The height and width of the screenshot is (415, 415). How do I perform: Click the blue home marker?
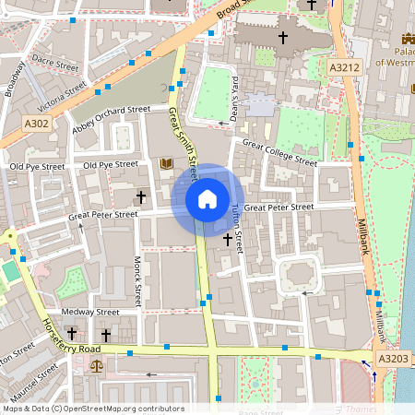click(x=207, y=198)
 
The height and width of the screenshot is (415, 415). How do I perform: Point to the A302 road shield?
click(x=36, y=124)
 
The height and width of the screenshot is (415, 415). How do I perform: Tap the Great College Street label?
click(x=279, y=153)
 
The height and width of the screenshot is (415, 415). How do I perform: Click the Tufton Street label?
click(x=238, y=229)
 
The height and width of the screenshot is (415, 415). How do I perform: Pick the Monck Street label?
click(x=137, y=281)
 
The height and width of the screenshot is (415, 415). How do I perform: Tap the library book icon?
click(x=167, y=164)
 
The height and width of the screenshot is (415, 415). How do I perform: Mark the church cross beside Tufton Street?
click(x=227, y=239)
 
